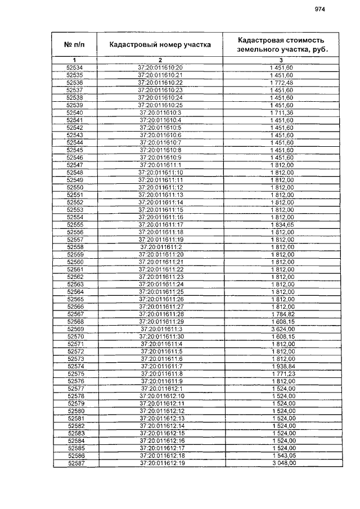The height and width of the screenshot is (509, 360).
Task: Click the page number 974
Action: click(320, 9)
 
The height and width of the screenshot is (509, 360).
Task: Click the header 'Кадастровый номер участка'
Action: click(160, 44)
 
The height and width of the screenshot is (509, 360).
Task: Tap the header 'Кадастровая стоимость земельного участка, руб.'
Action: click(281, 44)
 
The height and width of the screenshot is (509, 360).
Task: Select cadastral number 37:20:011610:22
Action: click(160, 83)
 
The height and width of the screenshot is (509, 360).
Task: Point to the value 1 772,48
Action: click(281, 83)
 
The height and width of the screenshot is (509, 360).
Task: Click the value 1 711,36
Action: click(281, 113)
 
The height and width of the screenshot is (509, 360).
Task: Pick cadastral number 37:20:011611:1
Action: click(160, 165)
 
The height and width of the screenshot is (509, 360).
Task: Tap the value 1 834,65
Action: click(281, 224)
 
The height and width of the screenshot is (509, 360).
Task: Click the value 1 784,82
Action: click(281, 314)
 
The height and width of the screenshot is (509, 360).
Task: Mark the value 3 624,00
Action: click(281, 328)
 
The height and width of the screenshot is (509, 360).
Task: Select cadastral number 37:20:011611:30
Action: click(160, 336)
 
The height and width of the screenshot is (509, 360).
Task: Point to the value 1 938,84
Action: click(281, 366)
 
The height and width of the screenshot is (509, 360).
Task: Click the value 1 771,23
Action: click(281, 373)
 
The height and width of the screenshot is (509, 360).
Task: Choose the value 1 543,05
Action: click(281, 456)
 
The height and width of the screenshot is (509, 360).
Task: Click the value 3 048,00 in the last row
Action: click(281, 463)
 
